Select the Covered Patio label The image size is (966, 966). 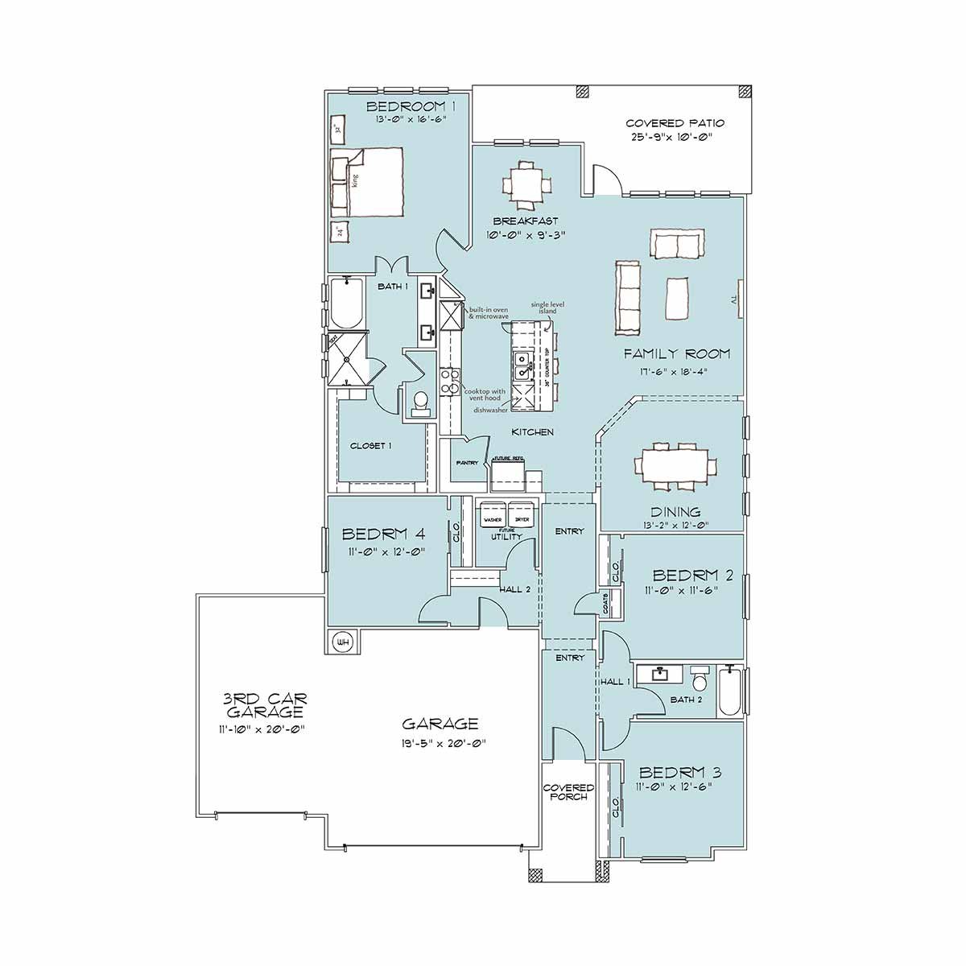coord(675,123)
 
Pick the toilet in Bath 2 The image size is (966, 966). coord(699,681)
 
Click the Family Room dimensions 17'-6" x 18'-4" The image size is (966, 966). coord(676,374)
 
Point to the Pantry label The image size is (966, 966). coord(467,463)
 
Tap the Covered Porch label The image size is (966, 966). coord(568,792)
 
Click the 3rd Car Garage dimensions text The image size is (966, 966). coord(254,729)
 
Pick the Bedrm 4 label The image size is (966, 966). coord(384,534)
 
